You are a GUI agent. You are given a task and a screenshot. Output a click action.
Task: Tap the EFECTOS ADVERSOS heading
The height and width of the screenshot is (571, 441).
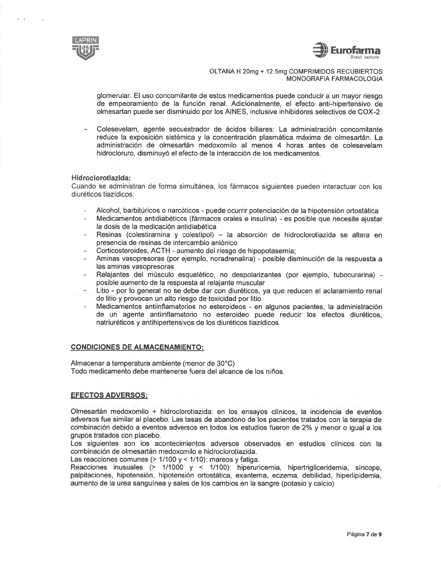point(110,395)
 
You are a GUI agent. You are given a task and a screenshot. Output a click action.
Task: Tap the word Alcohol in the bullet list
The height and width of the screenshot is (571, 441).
point(107,211)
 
